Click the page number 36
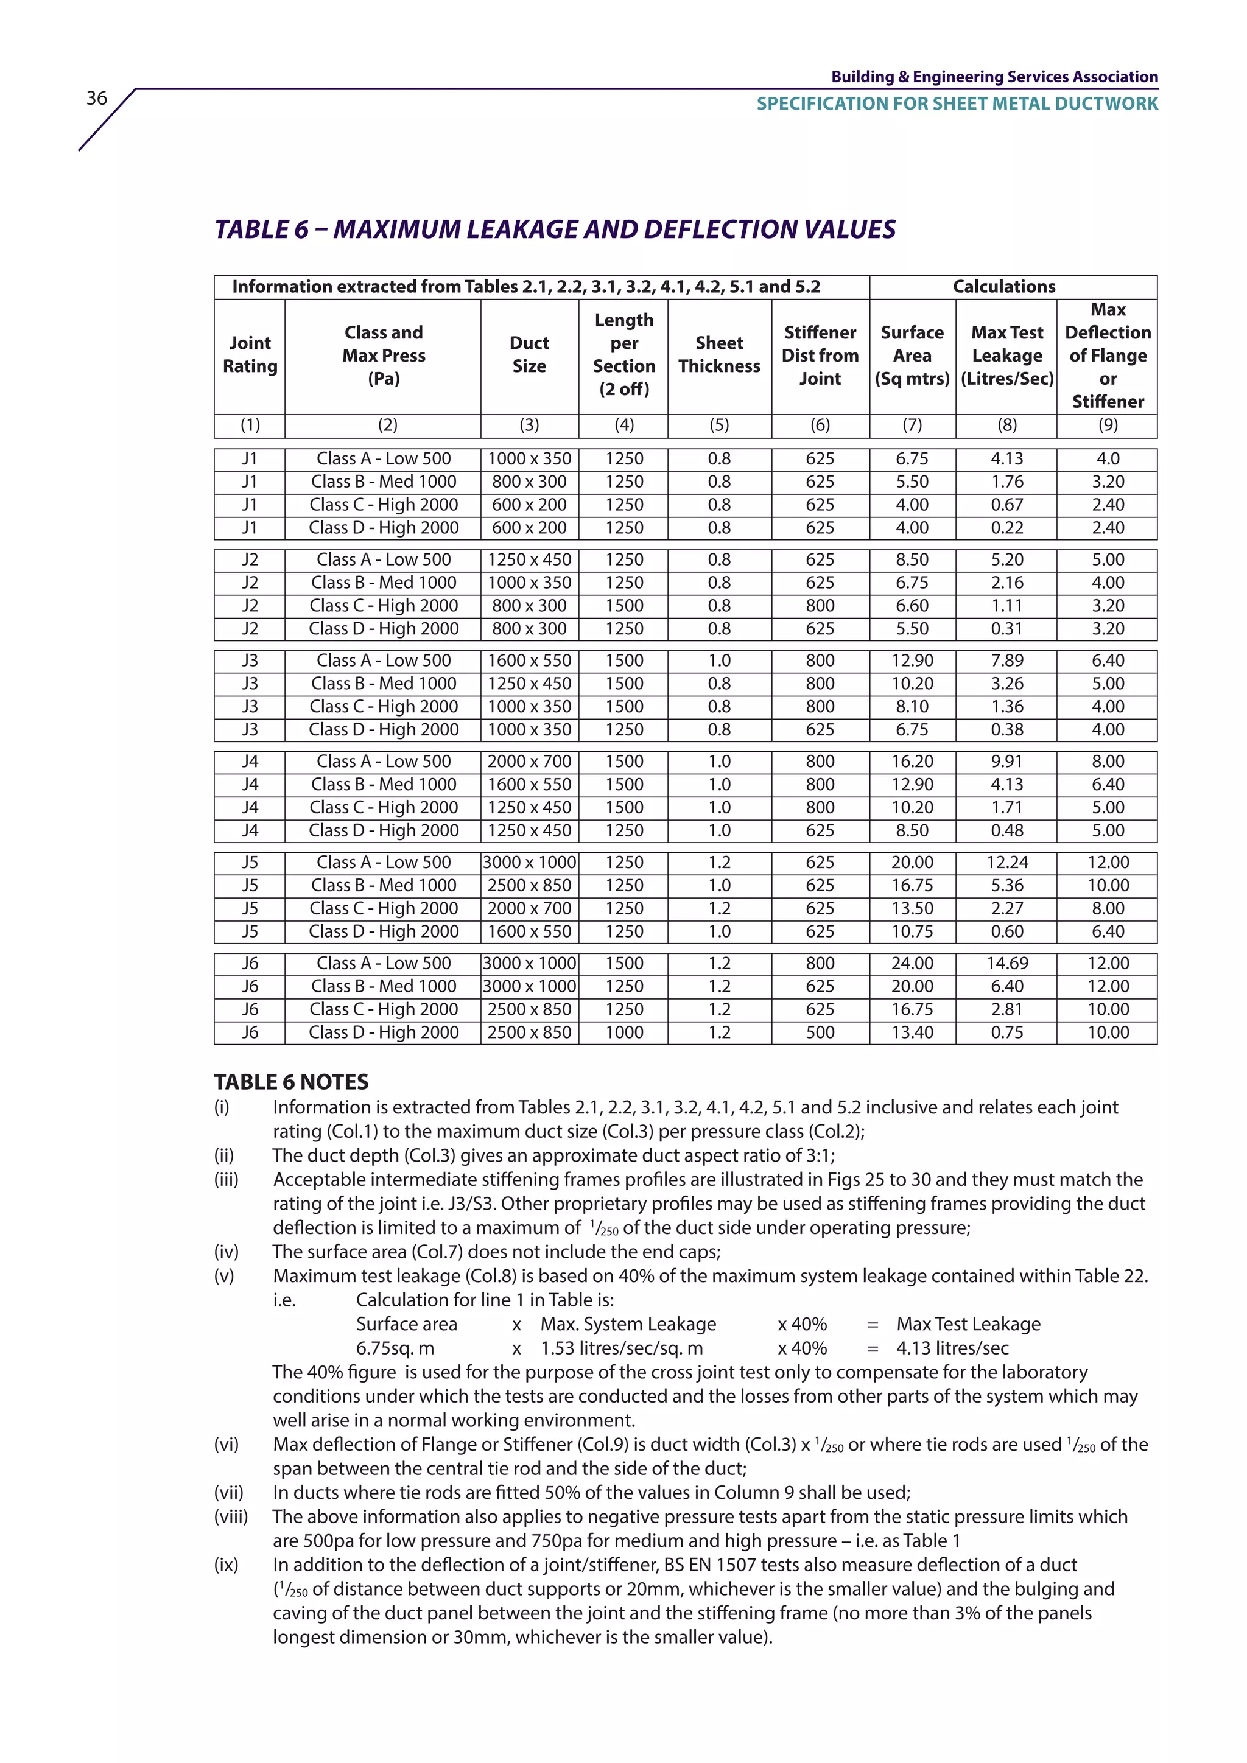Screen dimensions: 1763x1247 coord(97,98)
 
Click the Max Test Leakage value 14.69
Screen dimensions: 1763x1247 coord(1006,963)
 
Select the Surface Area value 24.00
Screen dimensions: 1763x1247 coord(912,963)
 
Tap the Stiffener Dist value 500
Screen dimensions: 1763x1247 coord(820,1032)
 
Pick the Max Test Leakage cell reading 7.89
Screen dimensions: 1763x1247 coord(1006,661)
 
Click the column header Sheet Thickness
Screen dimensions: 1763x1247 coord(720,355)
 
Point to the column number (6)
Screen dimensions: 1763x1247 coord(820,425)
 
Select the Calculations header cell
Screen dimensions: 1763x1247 coord(1003,286)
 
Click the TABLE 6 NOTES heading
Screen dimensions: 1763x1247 coord(291,1082)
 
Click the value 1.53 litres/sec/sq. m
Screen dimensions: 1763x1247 coord(621,1348)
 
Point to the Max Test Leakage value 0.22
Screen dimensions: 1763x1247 coord(1006,528)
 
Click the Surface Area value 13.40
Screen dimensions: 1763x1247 coord(912,1032)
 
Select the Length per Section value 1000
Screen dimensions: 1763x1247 coord(624,1032)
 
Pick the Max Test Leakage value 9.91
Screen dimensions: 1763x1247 coord(1006,761)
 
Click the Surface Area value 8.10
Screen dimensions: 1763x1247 coord(912,706)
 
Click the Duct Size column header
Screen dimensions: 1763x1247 coord(529,355)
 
